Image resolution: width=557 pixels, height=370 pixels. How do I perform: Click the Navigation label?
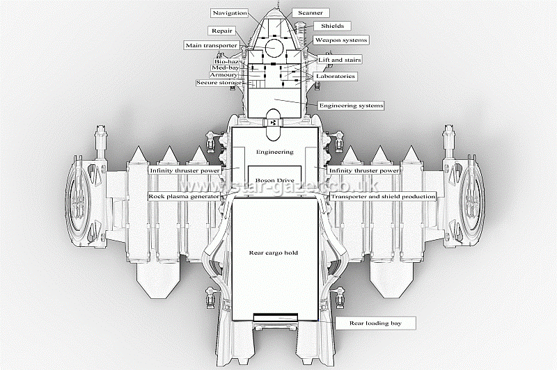coord(230,13)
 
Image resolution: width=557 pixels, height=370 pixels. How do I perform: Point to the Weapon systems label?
coord(340,40)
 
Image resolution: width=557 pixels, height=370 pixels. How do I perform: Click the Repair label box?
coord(222,31)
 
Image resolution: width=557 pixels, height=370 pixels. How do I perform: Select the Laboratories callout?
coord(335,76)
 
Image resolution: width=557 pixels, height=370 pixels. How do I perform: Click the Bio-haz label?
coord(227,61)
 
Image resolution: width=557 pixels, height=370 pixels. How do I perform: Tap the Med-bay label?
coord(225,67)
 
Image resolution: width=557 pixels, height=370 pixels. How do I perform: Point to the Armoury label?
coord(223,74)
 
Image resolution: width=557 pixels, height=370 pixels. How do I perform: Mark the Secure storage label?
coord(219,83)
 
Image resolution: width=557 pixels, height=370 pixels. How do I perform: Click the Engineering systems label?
coord(351,105)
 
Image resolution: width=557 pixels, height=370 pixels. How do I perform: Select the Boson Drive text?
coord(274,179)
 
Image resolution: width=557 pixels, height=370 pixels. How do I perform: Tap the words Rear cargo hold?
coord(274,252)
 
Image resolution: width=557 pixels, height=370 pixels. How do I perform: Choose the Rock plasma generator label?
coord(184,196)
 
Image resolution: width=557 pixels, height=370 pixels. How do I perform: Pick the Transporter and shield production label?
coord(383,196)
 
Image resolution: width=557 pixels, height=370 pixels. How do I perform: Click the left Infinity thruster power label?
coord(185,170)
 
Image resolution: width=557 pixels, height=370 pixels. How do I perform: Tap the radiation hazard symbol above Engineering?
coord(273,122)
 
